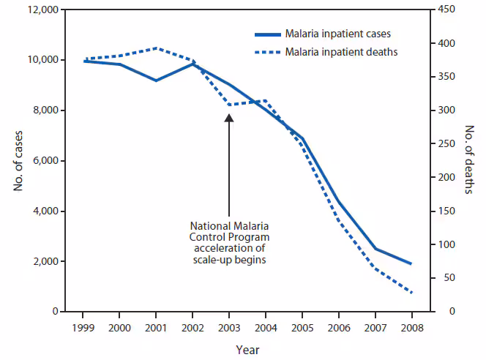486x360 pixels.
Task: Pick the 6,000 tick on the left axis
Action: pos(45,161)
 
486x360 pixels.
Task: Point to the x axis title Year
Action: pos(247,350)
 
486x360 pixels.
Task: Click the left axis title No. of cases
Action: pos(17,160)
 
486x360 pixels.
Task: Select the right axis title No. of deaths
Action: pos(469,160)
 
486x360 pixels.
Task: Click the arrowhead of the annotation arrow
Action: pos(230,117)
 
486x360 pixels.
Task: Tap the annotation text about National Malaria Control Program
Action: pos(230,243)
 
